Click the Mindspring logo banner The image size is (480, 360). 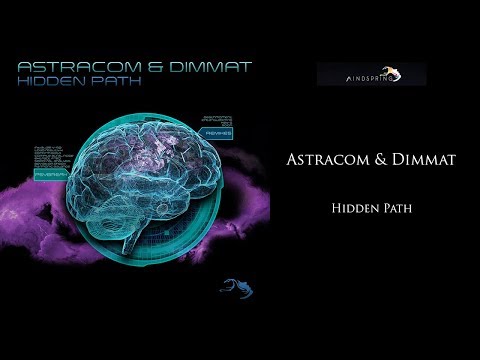tap(371, 74)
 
